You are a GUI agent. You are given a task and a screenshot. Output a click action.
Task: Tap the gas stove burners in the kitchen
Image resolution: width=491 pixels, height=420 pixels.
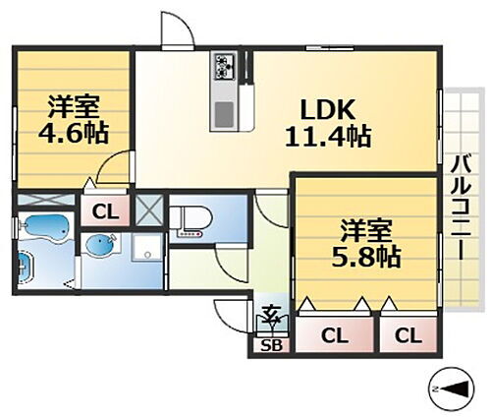[x=223, y=67]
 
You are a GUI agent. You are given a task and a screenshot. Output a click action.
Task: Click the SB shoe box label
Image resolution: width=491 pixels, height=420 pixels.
[x=272, y=344]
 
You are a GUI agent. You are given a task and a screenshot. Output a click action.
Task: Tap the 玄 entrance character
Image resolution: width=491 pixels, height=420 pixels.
[x=270, y=318]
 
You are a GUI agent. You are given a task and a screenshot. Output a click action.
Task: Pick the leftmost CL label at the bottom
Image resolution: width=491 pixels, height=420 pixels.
[x=335, y=336]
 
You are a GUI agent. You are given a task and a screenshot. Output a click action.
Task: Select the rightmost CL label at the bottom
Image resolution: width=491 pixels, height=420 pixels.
[x=407, y=336]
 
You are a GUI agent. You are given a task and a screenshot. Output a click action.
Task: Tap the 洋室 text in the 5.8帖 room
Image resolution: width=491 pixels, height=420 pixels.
[x=366, y=231]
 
